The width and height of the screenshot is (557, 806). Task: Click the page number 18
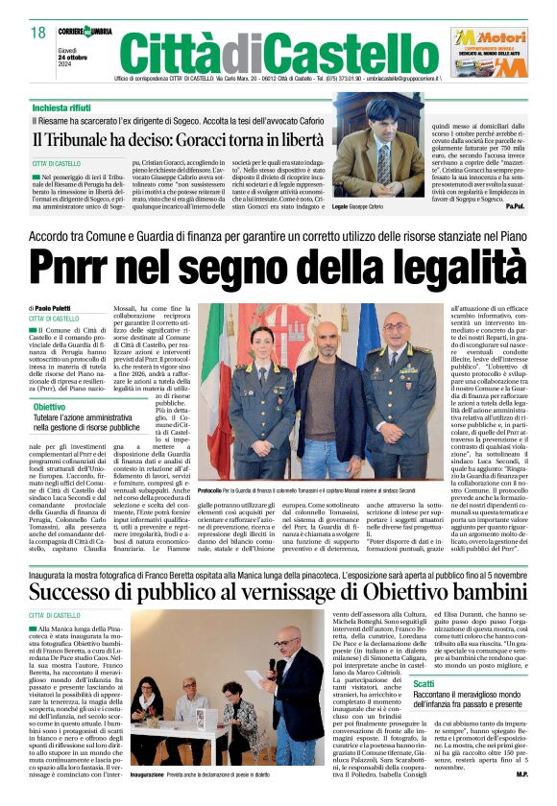(38, 34)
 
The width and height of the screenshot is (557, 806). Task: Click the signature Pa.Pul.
(515, 205)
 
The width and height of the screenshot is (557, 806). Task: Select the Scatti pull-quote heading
(424, 682)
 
